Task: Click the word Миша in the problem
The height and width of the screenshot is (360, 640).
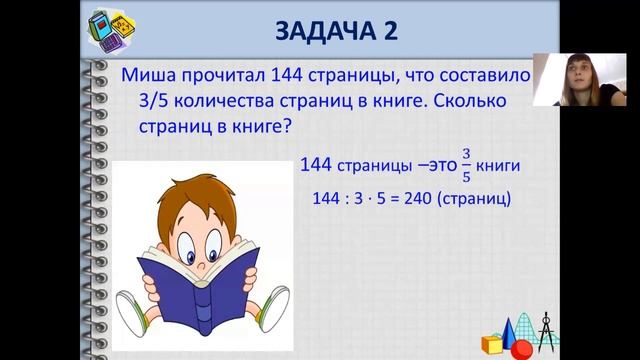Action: click(x=146, y=77)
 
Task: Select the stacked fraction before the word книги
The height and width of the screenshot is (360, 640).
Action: click(x=465, y=164)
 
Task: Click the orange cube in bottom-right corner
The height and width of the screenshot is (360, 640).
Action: click(x=492, y=344)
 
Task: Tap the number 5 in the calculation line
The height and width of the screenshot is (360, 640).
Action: click(x=380, y=198)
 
